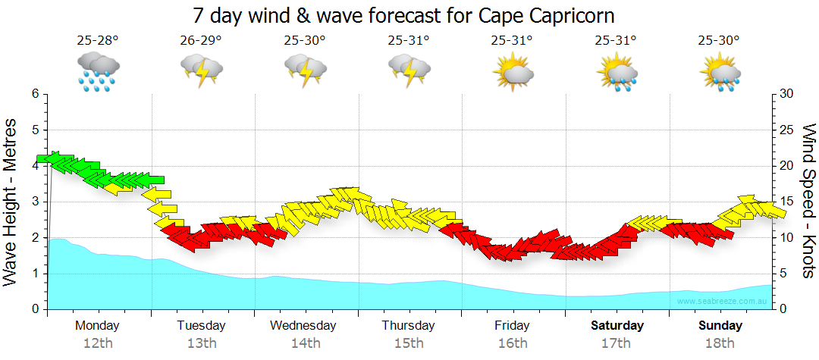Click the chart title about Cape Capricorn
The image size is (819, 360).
(x=403, y=15)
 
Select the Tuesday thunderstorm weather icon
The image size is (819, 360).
(x=201, y=70)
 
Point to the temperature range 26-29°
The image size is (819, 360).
(x=201, y=41)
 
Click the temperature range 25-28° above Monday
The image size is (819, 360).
(x=97, y=41)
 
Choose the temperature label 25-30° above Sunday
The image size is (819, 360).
(x=720, y=41)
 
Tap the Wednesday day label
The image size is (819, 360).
(x=303, y=326)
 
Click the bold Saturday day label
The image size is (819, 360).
(x=617, y=326)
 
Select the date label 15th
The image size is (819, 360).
(x=409, y=343)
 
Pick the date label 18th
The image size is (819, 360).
(x=720, y=343)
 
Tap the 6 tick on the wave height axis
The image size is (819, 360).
(x=34, y=94)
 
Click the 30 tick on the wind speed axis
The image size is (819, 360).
(x=787, y=94)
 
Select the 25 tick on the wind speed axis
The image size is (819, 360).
(x=787, y=130)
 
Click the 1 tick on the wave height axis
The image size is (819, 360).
(x=34, y=274)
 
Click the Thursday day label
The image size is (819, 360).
(x=408, y=326)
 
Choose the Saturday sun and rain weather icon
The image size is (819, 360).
(x=617, y=72)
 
